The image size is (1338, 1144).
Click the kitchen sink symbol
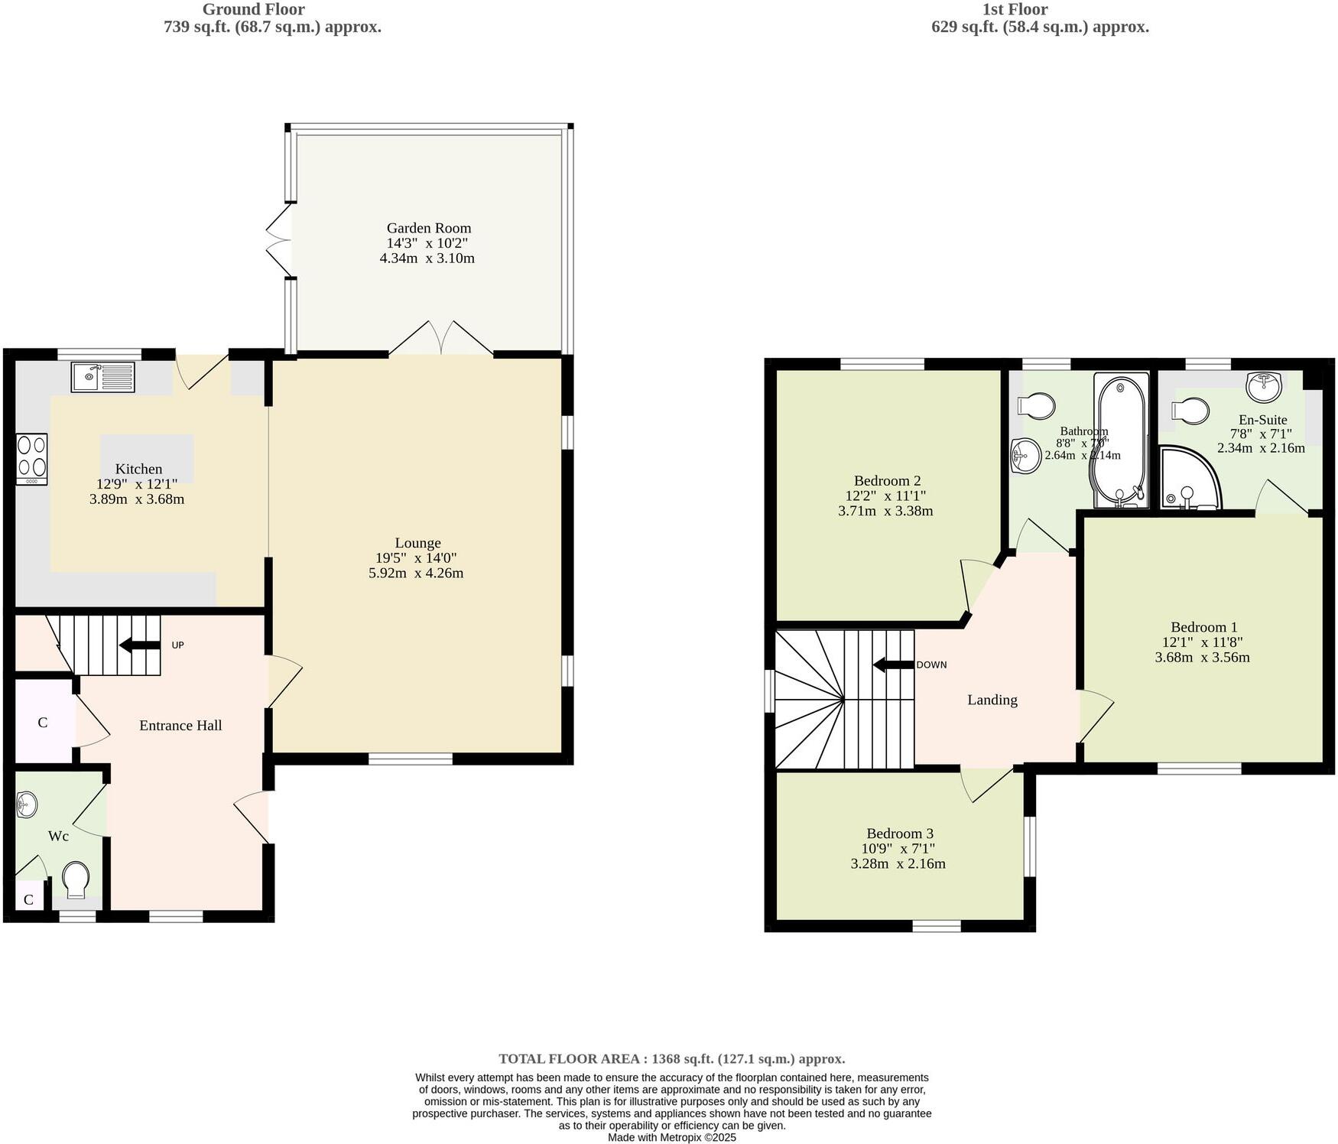point(102,377)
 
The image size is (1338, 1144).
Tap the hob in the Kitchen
point(31,459)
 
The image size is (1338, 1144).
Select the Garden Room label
point(428,228)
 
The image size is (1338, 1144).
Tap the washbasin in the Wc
point(27,804)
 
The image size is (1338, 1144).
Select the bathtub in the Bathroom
point(1121,440)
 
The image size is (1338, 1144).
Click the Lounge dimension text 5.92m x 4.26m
point(416,573)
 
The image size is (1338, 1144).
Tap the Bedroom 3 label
point(899,834)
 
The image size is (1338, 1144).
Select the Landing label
point(992,700)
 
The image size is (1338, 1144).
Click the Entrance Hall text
point(180,725)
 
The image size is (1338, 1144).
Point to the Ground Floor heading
point(253,10)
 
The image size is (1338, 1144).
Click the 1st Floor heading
point(1015,10)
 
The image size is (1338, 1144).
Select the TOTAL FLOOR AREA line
point(671,1059)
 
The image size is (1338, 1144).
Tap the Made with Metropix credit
point(671,1137)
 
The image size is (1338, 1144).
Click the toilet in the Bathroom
point(1037,405)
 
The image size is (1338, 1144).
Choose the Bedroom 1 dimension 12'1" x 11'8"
point(1202,642)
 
